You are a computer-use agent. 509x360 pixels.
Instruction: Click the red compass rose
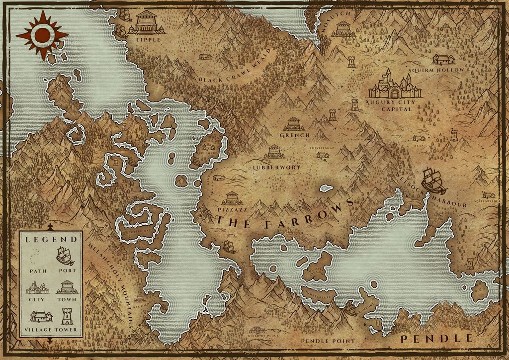(42, 34)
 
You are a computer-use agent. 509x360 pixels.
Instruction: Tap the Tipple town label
(146, 39)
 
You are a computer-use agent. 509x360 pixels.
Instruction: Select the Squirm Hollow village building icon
(443, 60)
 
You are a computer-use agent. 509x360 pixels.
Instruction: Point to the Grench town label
(295, 135)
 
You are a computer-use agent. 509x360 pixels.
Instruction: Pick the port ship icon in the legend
(65, 256)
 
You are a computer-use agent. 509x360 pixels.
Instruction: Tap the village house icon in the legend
(40, 317)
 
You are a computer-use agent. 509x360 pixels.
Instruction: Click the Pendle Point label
(328, 341)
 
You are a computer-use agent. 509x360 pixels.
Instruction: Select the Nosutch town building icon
(343, 28)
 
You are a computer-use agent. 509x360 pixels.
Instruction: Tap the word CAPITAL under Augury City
(395, 109)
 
